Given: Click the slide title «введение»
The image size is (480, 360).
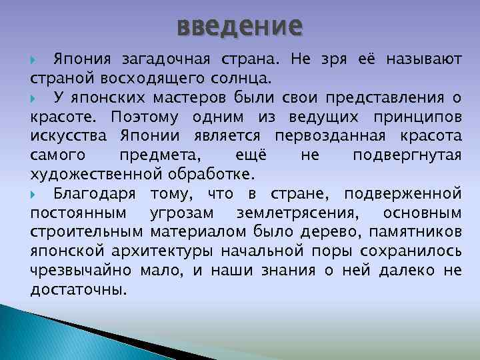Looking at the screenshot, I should (x=240, y=26).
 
